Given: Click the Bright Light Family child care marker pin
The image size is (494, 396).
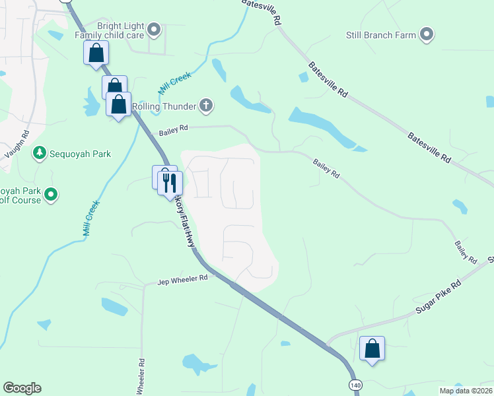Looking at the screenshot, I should tap(154, 29).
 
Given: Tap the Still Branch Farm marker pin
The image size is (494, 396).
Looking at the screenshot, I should tap(426, 34).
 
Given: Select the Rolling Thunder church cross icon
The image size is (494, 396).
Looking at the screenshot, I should tap(206, 105).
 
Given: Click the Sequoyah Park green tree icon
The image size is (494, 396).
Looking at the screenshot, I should tap(40, 153).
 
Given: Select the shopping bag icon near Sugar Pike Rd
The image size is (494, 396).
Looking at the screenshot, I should tap(372, 348).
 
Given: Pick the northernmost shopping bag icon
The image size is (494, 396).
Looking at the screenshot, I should tap(96, 52).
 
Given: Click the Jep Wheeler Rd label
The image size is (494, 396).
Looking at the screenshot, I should tap(182, 279).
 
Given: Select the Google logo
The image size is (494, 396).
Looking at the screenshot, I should tap(22, 388).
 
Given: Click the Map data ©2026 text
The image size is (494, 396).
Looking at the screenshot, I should tap(466, 391).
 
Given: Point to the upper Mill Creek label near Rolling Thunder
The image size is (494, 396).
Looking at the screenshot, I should tap(174, 84).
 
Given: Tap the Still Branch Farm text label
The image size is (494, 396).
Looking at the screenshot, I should tap(380, 35).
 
